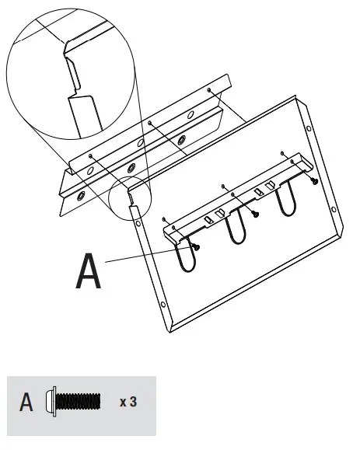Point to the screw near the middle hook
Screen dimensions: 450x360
pyautogui.click(x=255, y=214)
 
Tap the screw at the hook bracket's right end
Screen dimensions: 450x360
pyautogui.click(x=313, y=180)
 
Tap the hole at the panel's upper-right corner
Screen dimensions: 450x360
pyautogui.click(x=309, y=129)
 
